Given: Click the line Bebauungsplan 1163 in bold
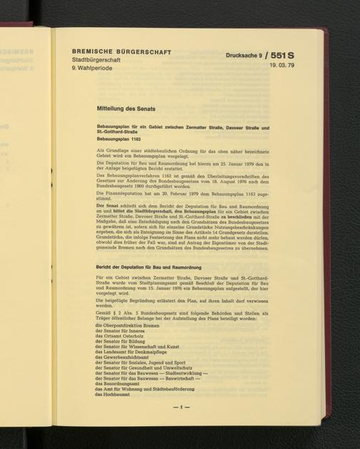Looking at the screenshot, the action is pos(121,138).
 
